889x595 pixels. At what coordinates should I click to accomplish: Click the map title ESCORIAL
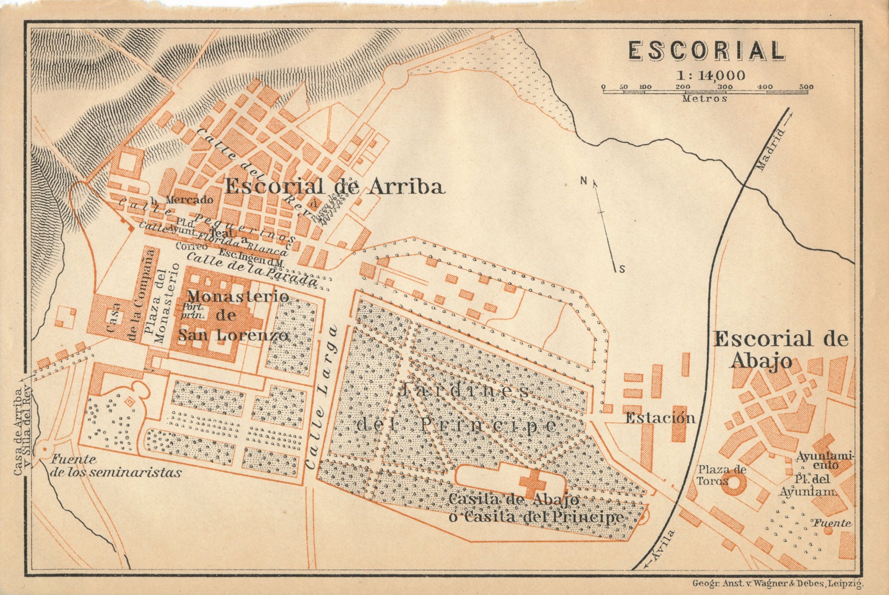tap(706, 51)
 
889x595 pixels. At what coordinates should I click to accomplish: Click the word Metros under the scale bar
tap(705, 99)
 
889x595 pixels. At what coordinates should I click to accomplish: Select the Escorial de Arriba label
tap(334, 186)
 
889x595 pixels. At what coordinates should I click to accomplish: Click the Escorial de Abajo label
tap(780, 349)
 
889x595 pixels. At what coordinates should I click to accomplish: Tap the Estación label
tap(660, 418)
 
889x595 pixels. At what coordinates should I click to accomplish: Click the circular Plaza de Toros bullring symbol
tap(733, 484)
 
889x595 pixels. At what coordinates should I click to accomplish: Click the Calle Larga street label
tap(323, 397)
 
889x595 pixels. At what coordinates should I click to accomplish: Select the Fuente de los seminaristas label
tap(116, 466)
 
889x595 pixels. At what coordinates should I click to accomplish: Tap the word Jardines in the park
tap(463, 390)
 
